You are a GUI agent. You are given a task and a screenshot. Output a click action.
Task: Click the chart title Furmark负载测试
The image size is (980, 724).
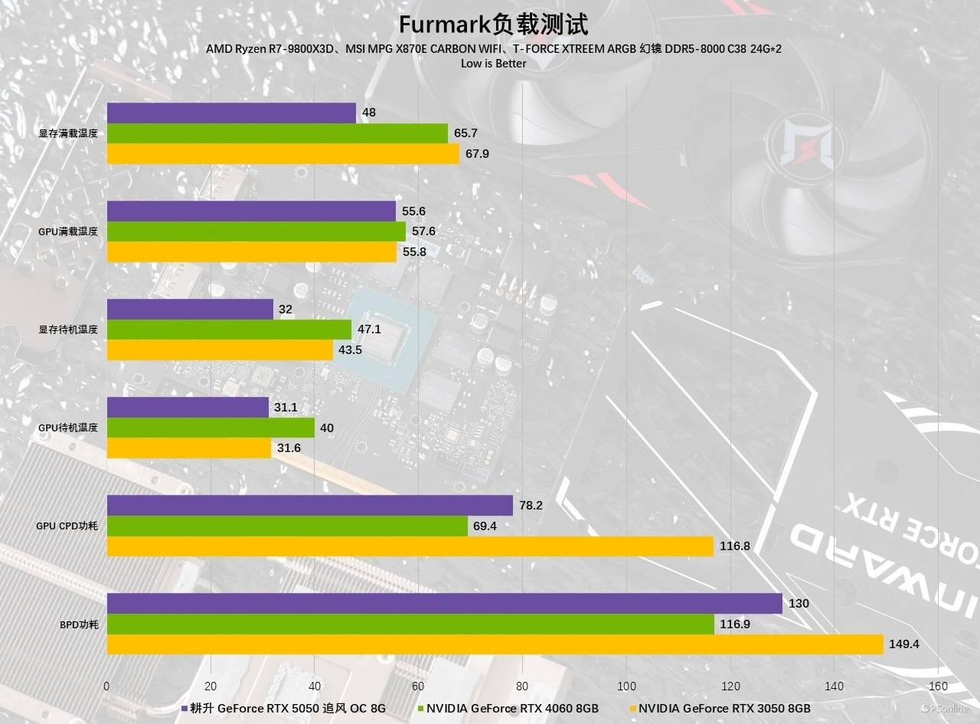[493, 25]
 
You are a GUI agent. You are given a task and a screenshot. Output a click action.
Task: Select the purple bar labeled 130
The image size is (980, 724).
[444, 604]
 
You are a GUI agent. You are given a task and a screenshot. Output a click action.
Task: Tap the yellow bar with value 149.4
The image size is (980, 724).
[495, 644]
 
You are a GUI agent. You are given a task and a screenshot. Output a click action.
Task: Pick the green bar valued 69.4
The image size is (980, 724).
[287, 526]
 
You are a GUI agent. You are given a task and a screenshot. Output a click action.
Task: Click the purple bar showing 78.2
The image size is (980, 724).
[309, 505]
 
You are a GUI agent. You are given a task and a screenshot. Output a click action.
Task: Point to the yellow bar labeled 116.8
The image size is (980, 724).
[410, 546]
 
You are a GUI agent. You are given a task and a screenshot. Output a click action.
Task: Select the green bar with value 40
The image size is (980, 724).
[211, 428]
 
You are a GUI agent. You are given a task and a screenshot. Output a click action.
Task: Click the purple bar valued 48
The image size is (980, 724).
[231, 113]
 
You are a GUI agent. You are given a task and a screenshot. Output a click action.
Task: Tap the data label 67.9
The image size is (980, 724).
[477, 154]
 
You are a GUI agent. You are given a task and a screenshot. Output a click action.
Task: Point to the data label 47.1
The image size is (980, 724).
[369, 330]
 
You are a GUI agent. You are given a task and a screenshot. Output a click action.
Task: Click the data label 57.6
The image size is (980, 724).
[423, 231]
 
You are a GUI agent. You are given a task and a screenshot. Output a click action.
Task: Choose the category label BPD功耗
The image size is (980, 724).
[79, 624]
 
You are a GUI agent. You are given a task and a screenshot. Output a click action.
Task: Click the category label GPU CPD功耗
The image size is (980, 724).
[67, 526]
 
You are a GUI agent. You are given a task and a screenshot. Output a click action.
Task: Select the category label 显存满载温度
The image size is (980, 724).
[69, 133]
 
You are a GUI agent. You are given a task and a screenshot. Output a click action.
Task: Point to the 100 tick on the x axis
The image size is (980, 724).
[626, 686]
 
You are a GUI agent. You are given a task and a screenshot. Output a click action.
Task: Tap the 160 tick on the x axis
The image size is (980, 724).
[938, 686]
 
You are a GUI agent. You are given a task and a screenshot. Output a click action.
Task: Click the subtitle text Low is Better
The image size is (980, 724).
[493, 64]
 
